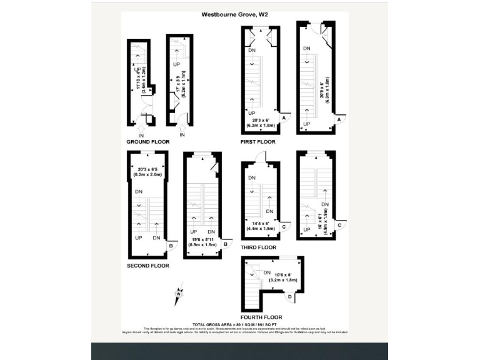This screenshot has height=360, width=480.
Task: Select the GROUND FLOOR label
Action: [148, 142]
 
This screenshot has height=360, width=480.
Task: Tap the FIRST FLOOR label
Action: [257, 142]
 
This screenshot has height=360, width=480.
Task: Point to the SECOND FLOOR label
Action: [147, 265]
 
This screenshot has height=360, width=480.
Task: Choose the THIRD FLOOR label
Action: [258, 247]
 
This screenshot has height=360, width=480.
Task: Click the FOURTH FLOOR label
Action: [262, 317]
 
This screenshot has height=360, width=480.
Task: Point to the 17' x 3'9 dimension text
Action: [180, 79]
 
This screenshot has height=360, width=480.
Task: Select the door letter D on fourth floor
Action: [297, 297]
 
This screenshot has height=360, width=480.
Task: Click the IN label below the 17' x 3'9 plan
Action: [182, 135]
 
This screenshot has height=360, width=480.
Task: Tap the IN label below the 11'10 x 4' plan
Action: [141, 135]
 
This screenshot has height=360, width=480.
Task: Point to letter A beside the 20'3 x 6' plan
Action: [284, 118]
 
